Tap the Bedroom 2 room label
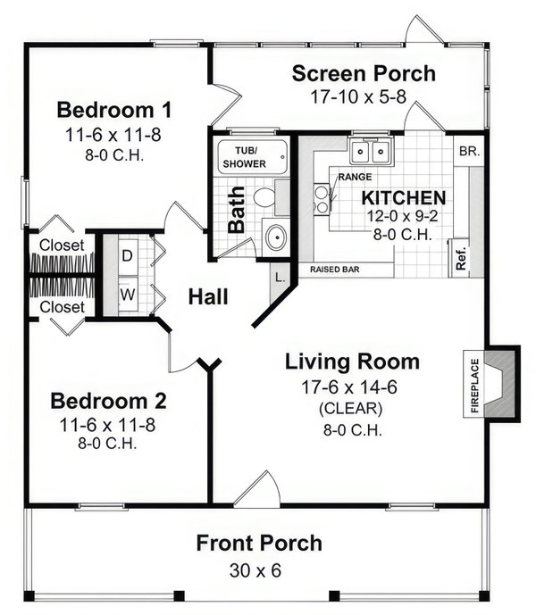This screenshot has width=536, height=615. click(108, 399)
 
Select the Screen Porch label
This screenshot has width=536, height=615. click(364, 73)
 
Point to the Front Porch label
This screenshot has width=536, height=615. click(259, 543)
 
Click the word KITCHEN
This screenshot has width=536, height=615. click(403, 197)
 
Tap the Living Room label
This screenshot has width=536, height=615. click(352, 362)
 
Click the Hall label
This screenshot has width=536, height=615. click(207, 297)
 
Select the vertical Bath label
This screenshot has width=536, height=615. click(236, 208)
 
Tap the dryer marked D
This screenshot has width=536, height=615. click(127, 254)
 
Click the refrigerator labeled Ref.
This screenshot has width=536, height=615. click(461, 256)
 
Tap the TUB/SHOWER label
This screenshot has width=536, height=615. click(251, 158)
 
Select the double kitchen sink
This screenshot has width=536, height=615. click(372, 152)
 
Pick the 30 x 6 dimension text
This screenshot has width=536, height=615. click(259, 569)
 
